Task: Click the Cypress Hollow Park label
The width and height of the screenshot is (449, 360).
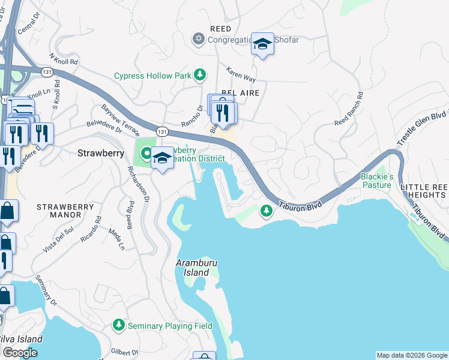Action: click(x=152, y=76)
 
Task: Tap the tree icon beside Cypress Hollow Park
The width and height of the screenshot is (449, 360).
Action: click(x=200, y=76)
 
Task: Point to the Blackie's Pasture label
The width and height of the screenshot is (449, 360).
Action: click(x=376, y=181)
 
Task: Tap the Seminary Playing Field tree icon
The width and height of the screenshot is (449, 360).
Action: click(x=119, y=326)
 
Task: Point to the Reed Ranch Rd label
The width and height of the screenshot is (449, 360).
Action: click(x=349, y=109)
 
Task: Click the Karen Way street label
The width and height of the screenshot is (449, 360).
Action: click(x=240, y=77)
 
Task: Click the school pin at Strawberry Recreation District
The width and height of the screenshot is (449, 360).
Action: click(x=162, y=158)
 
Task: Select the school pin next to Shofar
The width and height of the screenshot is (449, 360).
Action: click(x=262, y=44)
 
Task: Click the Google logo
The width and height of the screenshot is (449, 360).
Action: click(x=20, y=353)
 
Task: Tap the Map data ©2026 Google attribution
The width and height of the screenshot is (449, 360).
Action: click(x=411, y=355)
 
